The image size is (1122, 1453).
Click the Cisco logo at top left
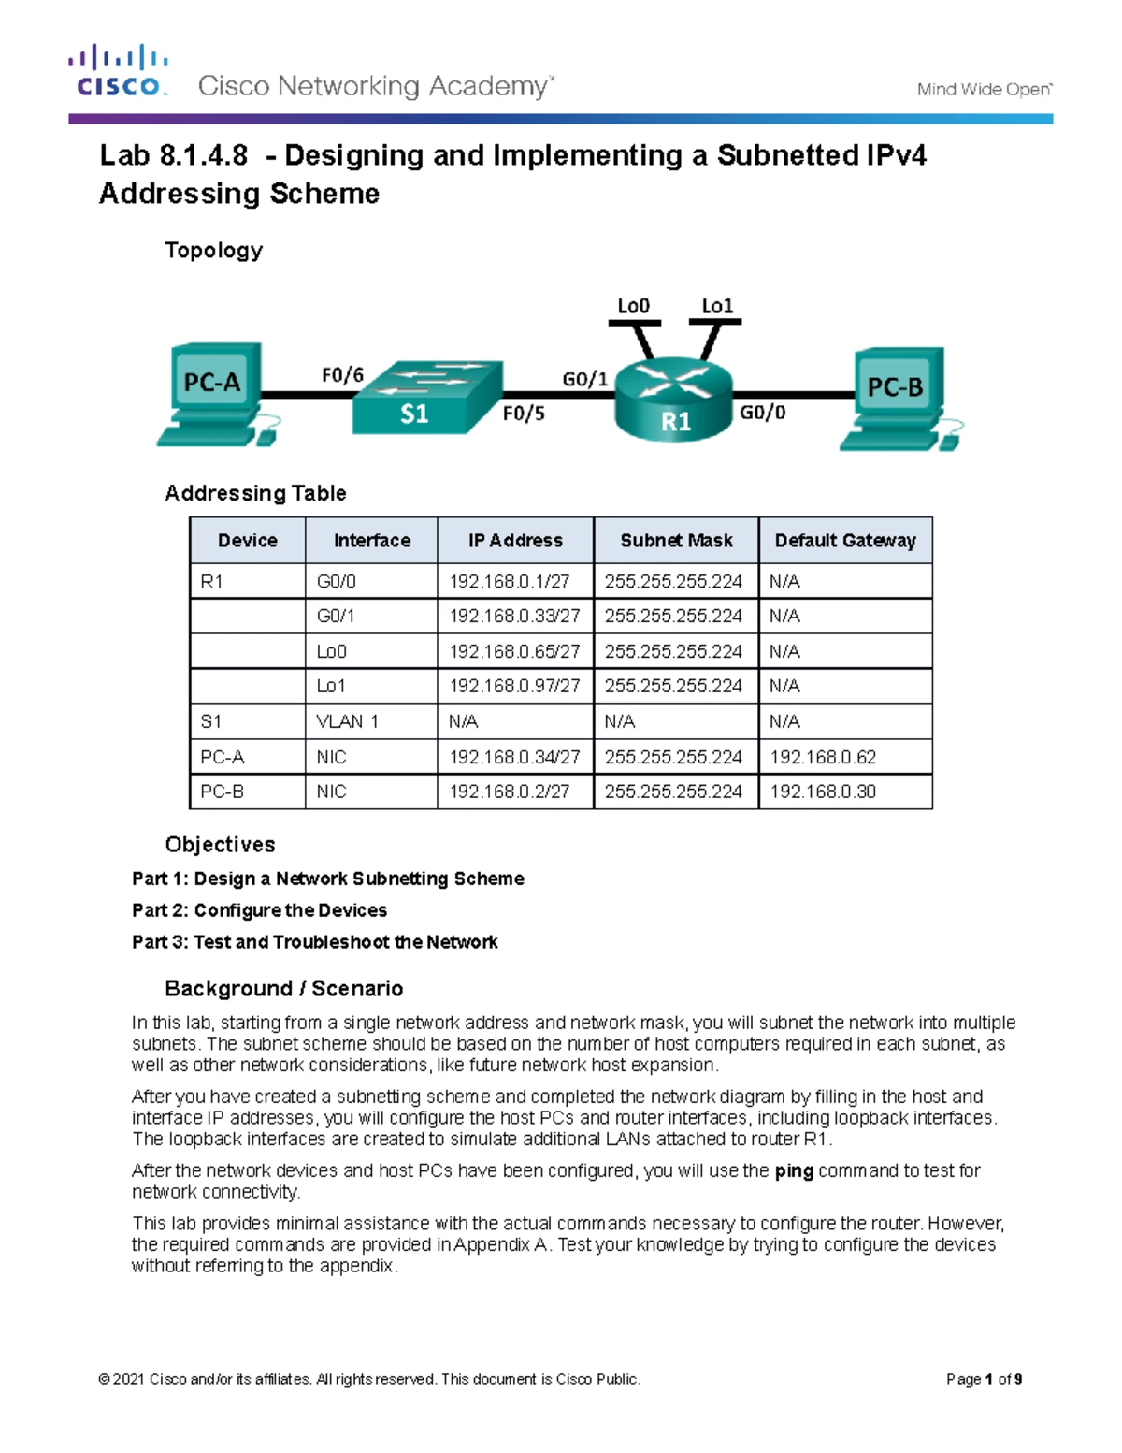118,71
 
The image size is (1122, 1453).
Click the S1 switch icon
425,399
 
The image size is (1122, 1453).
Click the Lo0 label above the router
633,306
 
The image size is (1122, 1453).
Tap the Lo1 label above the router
717,306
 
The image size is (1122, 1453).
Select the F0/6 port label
342,375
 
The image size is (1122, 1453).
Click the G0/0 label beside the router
762,413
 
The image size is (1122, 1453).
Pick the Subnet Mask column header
676,541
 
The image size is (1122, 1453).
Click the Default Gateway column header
845,541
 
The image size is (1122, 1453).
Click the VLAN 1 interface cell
347,721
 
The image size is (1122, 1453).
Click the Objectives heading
220,845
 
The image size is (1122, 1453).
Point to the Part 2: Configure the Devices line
259,910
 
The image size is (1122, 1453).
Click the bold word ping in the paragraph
794,1170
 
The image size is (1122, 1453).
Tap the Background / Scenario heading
283,989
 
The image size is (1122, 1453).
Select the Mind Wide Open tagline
984,90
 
